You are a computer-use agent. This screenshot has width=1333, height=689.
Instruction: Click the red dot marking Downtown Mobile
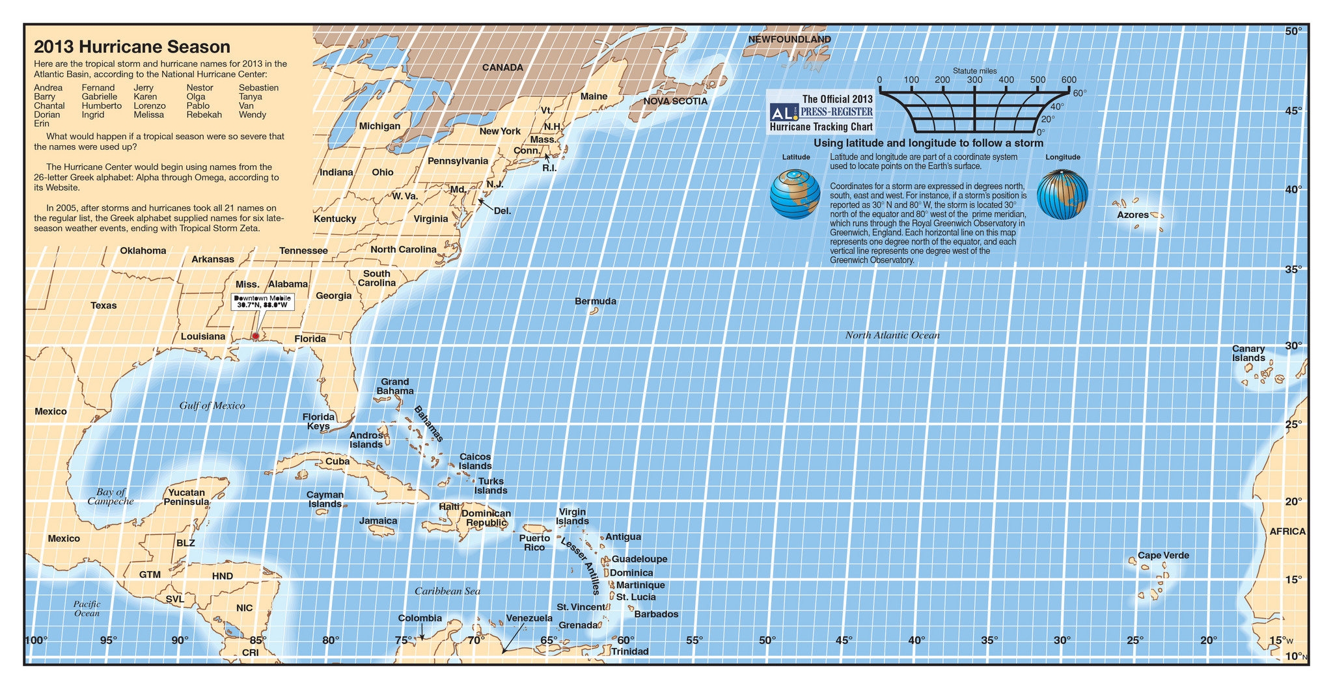click(255, 336)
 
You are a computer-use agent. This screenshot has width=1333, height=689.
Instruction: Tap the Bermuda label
click(595, 301)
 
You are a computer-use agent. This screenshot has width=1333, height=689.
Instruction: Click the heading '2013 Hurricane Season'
click(132, 47)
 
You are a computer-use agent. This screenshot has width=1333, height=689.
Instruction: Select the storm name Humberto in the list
click(101, 105)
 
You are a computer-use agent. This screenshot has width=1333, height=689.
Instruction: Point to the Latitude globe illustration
click(795, 194)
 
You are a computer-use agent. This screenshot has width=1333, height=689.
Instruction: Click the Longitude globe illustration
click(1062, 194)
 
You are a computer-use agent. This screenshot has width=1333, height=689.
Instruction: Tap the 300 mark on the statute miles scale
click(974, 80)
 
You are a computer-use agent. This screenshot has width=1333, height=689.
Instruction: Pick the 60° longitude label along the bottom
click(625, 640)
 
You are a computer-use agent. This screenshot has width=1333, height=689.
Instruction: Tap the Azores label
click(1133, 215)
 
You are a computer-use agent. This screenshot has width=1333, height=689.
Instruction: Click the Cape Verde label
click(1163, 555)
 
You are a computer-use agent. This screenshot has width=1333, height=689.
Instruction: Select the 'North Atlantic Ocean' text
click(892, 335)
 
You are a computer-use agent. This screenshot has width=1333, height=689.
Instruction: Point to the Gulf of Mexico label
click(212, 405)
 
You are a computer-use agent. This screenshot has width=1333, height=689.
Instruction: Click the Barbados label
click(656, 614)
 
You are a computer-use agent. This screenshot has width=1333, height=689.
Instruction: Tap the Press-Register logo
click(821, 113)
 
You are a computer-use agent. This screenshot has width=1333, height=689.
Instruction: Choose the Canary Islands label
click(1248, 353)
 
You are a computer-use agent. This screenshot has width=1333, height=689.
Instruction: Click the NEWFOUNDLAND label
click(789, 39)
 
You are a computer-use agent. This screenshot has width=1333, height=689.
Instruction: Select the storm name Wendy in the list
click(252, 115)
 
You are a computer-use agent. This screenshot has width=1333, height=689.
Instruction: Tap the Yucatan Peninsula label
click(186, 497)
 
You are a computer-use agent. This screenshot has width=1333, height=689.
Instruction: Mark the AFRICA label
click(1287, 532)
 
